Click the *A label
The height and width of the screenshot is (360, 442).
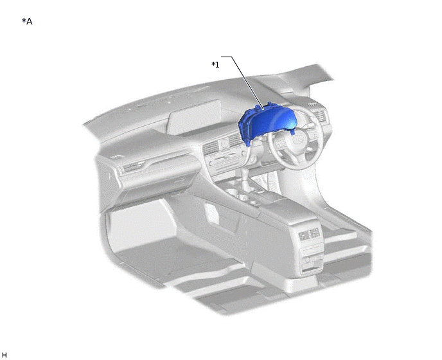(x=27, y=21)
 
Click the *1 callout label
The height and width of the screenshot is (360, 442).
(x=215, y=65)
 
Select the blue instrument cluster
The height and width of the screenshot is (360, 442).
(x=267, y=125)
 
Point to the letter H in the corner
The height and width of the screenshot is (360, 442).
(x=4, y=355)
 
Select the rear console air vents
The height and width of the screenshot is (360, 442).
(x=310, y=235)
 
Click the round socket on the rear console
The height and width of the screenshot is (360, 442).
(x=308, y=260)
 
